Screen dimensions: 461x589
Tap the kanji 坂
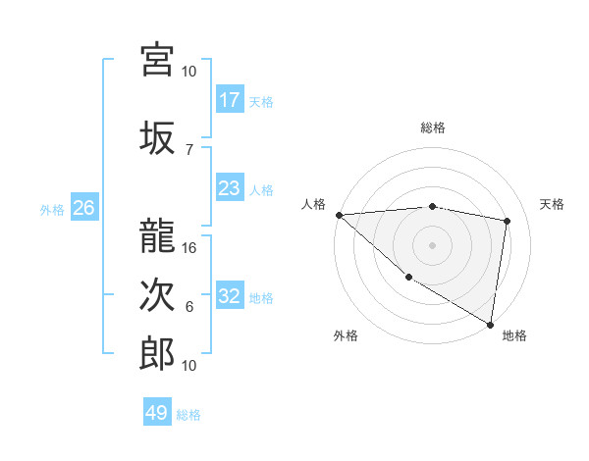[157, 137]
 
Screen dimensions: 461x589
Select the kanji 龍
[157, 235]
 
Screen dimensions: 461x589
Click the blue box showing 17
[230, 100]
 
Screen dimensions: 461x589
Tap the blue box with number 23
[230, 188]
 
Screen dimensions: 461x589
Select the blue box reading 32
[230, 296]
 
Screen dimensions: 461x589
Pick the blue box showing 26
[83, 208]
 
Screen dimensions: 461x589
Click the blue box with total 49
[157, 413]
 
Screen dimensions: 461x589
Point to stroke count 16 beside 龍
[190, 248]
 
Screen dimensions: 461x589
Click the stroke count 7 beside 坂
[189, 149]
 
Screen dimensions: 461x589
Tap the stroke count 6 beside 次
[189, 307]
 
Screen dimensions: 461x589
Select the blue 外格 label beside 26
[52, 209]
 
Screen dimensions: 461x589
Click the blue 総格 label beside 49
[188, 414]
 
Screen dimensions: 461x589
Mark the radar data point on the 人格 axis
[339, 215]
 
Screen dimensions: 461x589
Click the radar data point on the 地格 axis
[490, 324]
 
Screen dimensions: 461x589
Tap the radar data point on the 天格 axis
[508, 221]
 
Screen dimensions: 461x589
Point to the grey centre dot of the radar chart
[432, 244]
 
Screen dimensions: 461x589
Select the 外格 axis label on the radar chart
[346, 335]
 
